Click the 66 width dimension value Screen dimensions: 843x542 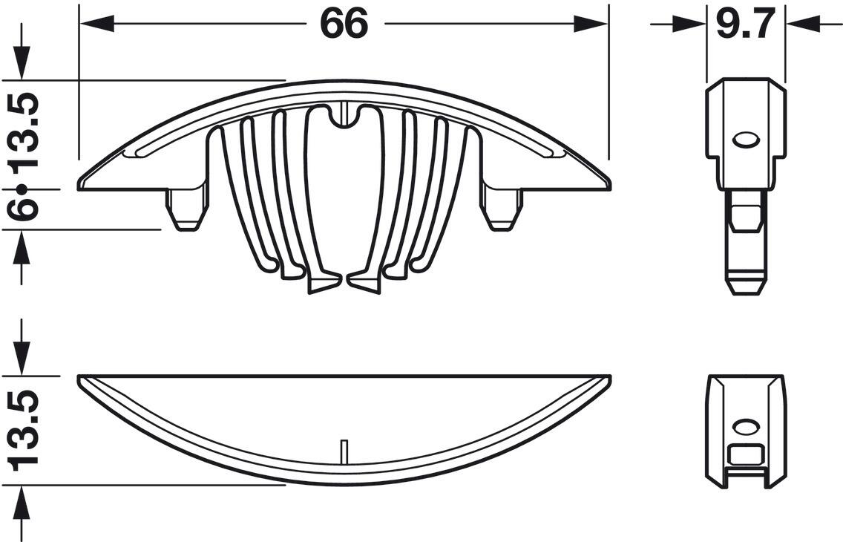coord(344,23)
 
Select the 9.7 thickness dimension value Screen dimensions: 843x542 coord(745,23)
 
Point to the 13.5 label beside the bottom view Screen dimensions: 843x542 coord(23,430)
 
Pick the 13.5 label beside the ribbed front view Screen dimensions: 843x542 coord(23,131)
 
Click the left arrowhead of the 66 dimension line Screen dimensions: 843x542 coord(97,24)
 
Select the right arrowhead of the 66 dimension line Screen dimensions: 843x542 coord(590,24)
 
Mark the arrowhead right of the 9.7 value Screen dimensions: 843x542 coord(802,24)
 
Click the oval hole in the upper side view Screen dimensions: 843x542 coord(746,139)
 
